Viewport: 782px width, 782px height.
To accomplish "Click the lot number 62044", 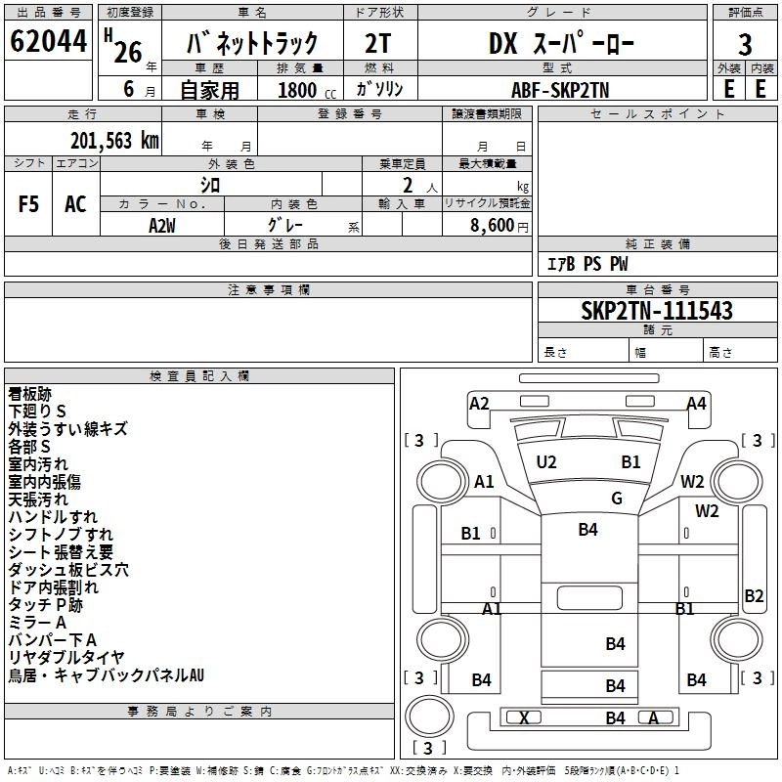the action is (49, 43).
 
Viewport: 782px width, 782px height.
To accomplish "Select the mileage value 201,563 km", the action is (114, 141).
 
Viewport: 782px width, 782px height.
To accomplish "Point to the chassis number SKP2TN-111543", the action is (656, 311).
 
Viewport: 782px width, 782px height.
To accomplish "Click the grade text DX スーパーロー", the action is (561, 44).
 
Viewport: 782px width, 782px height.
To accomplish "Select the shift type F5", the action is (29, 203).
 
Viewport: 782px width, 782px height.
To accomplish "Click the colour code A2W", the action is (162, 224).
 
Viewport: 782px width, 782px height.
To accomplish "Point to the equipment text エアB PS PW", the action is (586, 264).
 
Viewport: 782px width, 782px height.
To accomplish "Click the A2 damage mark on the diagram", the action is (479, 403).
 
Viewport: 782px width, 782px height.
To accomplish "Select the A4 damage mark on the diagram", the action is (696, 403).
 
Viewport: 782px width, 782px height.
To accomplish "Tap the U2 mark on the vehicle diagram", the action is (546, 461).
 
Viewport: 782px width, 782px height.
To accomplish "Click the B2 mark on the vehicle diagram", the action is (754, 595).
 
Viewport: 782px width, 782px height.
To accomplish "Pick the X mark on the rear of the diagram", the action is (525, 718).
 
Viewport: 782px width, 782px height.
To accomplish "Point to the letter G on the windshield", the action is (617, 498).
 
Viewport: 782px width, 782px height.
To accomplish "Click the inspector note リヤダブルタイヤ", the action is (66, 657).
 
